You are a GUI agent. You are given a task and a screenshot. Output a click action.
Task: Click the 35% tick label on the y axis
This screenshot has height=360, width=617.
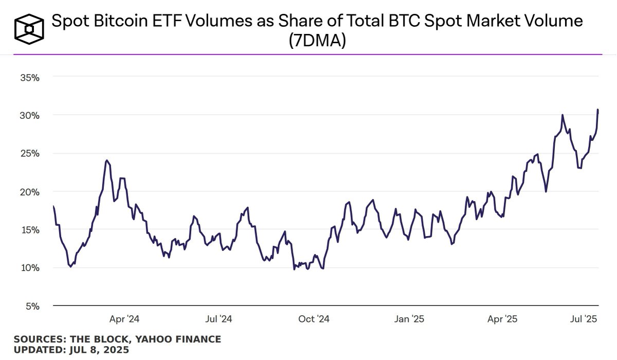[x=30, y=78]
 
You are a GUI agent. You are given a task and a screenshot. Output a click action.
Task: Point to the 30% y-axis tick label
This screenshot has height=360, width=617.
[x=30, y=116]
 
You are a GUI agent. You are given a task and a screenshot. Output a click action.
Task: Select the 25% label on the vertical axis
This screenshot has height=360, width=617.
[x=30, y=154]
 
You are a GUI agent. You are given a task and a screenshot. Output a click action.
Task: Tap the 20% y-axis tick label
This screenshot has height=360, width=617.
[x=30, y=192]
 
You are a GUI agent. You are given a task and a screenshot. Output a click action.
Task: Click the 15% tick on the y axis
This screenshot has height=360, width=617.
[x=30, y=230]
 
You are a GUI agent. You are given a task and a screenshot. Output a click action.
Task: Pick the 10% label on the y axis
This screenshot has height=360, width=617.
[x=30, y=268]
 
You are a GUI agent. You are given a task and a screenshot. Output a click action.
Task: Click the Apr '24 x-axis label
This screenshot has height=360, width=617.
[x=124, y=319]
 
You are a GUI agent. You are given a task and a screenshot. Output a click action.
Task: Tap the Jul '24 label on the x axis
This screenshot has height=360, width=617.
[x=219, y=319]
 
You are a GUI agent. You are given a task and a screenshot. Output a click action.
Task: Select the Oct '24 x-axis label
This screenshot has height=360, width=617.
[x=314, y=319]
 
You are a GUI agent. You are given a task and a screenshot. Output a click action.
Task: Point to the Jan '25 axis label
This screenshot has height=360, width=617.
[x=409, y=319]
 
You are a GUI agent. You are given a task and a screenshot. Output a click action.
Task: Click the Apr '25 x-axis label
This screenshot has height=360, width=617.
[x=502, y=319]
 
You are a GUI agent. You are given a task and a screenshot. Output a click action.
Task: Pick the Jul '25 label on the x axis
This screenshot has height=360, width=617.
[x=584, y=319]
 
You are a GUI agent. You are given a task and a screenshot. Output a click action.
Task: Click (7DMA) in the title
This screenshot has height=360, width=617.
[x=317, y=41]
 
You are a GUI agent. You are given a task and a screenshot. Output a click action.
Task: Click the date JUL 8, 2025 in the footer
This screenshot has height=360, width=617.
[x=99, y=350]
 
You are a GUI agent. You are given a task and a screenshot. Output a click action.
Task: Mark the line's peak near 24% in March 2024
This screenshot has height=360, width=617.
[x=106, y=160]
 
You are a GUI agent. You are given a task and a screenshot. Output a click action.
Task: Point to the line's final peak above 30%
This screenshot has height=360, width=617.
[x=598, y=110]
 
